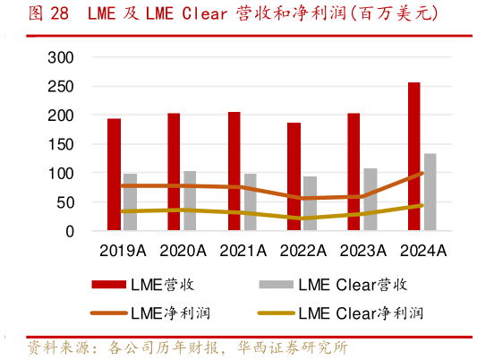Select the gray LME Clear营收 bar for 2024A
pyautogui.click(x=430, y=193)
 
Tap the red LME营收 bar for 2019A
pyautogui.click(x=115, y=175)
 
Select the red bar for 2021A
pyautogui.click(x=234, y=171)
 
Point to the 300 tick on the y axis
pyautogui.click(x=59, y=57)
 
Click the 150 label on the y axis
pyautogui.click(x=59, y=144)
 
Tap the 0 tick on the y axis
pyautogui.click(x=69, y=231)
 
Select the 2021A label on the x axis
pyautogui.click(x=242, y=251)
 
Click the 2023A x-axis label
pyautogui.click(x=362, y=251)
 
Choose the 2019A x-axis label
pyautogui.click(x=122, y=251)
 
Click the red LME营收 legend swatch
pyautogui.click(x=110, y=285)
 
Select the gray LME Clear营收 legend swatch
pyautogui.click(x=276, y=285)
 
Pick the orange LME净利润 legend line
pyautogui.click(x=110, y=313)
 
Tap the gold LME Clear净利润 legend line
pyautogui.click(x=276, y=313)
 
